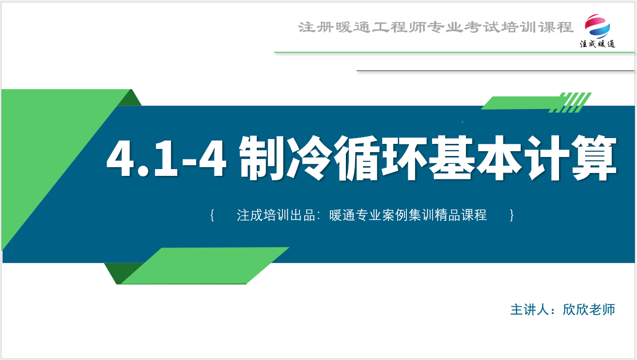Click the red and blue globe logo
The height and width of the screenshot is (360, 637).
point(597,26)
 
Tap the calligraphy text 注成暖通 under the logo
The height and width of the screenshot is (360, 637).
point(597,44)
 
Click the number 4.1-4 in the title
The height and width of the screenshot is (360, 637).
point(166,158)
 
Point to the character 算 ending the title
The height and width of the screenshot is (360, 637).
point(594,158)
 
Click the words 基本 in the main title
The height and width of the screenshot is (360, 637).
point(475,158)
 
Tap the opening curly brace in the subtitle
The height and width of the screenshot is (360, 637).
point(212,215)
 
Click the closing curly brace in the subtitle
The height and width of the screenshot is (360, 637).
point(512,215)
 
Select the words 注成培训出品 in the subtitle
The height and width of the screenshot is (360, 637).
point(276,215)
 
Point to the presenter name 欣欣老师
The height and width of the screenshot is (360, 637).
point(589,310)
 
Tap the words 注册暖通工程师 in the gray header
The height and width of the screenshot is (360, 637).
point(362,27)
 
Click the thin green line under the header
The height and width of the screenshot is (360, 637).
point(454,52)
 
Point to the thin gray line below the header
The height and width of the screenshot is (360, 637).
point(496,71)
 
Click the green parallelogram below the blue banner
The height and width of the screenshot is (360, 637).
point(205,266)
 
